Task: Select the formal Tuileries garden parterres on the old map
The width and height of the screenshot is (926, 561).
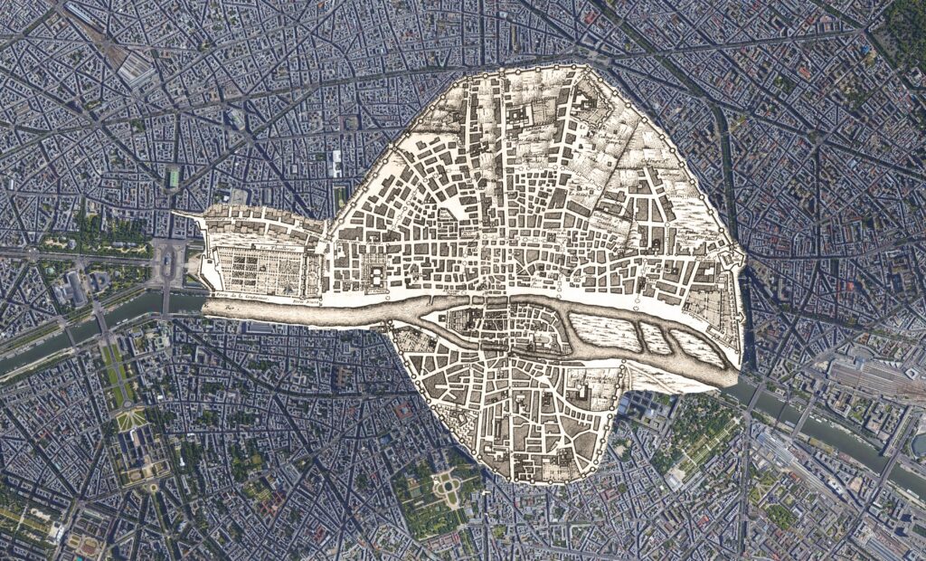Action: (262, 268)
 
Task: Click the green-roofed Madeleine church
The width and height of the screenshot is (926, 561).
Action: (173, 178)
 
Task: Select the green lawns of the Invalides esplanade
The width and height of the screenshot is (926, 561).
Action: (114, 362)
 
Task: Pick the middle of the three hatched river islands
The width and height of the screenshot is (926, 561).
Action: (657, 338)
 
